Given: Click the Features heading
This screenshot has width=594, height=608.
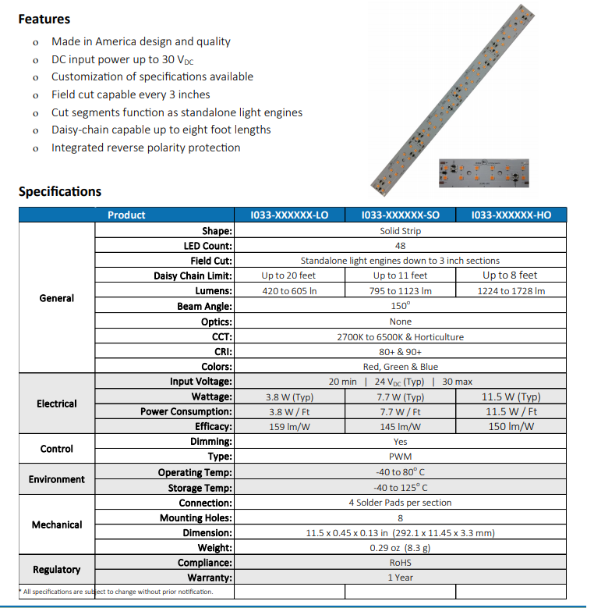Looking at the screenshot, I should [44, 19].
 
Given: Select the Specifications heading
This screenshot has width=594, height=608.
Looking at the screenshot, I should [60, 191].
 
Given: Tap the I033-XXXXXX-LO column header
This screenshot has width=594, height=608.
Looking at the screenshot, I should [289, 215].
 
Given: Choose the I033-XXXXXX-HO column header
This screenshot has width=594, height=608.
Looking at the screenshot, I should [511, 215].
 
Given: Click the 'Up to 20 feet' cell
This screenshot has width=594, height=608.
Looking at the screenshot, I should [289, 276].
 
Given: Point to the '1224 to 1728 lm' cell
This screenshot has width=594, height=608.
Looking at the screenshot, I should [511, 290].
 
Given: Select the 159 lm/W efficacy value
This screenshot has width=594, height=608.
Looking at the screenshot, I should [289, 427].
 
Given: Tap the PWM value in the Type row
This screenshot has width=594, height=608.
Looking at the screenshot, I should [400, 457].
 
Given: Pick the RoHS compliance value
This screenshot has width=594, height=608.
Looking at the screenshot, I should [400, 563].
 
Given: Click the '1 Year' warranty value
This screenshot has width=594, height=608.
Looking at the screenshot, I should [400, 578].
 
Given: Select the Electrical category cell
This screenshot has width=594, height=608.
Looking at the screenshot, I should [57, 404].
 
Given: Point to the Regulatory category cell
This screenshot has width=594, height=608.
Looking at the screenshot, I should [57, 570].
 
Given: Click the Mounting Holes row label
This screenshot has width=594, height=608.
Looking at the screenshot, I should [196, 517].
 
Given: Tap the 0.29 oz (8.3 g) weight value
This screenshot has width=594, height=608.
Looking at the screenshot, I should [400, 548].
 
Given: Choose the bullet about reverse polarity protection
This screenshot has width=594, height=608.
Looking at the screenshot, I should [146, 148].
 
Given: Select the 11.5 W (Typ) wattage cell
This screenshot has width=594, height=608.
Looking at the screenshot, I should [511, 396].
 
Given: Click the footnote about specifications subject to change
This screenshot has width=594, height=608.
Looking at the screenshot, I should [117, 592].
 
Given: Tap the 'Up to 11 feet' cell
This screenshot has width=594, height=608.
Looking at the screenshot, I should [400, 276].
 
